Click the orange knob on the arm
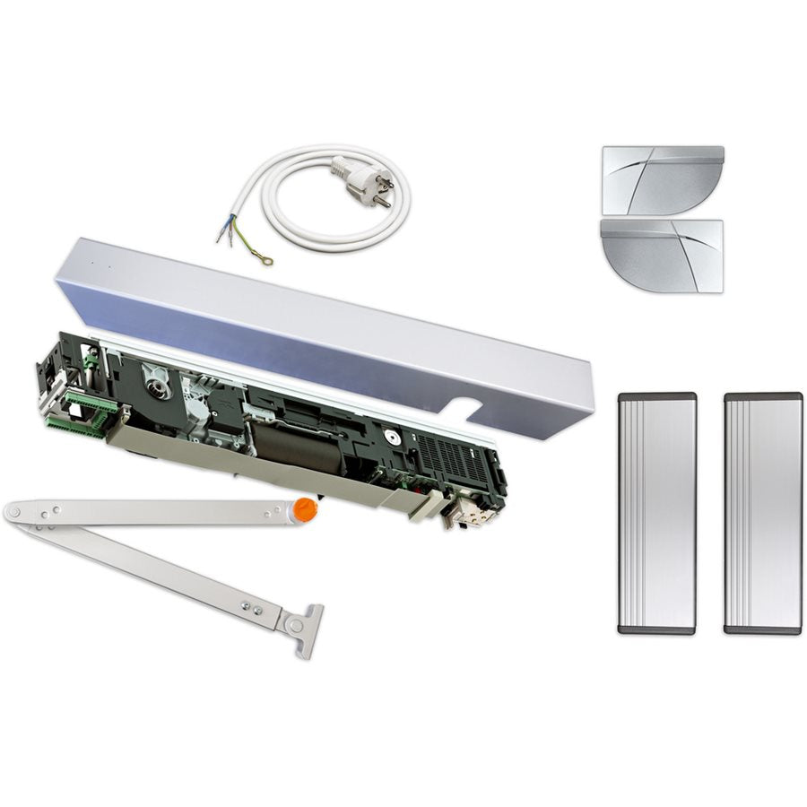[x=306, y=509]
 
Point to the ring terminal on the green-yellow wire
[x=265, y=260]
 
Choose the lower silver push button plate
[x=663, y=255]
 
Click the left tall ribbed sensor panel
[x=656, y=513]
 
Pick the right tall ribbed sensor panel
[x=762, y=513]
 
